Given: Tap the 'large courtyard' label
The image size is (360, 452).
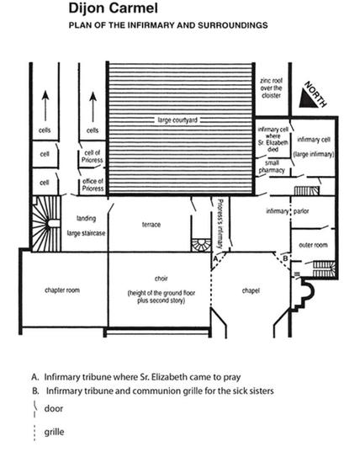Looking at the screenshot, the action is tap(177, 120).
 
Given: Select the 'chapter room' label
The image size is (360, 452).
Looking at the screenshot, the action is tap(62, 290).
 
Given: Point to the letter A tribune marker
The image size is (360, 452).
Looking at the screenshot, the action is tap(215, 259).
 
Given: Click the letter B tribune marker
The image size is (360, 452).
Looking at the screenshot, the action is tap(285, 258).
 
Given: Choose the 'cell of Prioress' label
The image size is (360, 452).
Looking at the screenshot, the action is tap(93, 157).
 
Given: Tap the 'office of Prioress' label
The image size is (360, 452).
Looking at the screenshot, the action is tap(93, 185).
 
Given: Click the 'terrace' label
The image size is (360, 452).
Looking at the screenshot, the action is tap(151, 225).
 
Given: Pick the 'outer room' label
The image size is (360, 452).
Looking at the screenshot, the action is tap(313, 245).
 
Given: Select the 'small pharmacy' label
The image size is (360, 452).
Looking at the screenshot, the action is tap(272, 167).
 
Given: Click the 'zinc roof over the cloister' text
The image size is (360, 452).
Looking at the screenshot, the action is tap(271, 88).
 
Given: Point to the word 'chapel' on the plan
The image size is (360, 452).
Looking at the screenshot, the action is tap(251, 290).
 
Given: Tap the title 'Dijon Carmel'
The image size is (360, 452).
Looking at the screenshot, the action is tap(114, 8).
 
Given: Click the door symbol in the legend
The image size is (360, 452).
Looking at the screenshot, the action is tap(34, 408).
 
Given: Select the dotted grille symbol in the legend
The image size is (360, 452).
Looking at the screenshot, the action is tap(34, 433).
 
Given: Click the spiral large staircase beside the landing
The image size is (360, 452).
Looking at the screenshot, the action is tap(46, 224).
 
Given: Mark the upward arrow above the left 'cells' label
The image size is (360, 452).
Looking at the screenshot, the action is tap(45, 106).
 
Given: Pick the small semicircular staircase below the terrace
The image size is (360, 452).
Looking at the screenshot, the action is tap(201, 245).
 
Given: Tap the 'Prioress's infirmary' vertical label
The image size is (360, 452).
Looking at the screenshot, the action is tap(220, 224).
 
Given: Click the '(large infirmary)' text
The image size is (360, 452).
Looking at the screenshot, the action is tap(314, 154).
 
